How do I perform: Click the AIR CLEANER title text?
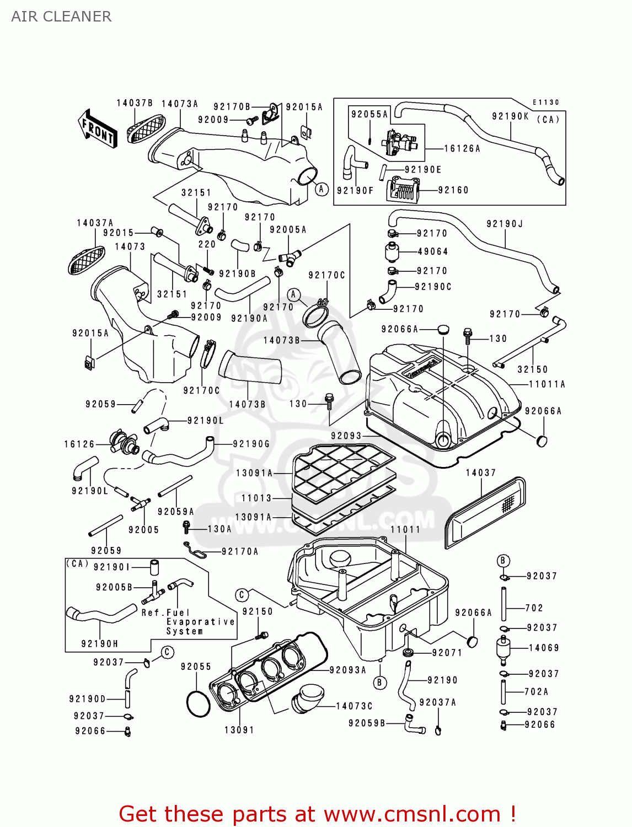[x=61, y=17]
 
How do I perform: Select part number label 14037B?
[x=134, y=103]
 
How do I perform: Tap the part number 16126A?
[x=462, y=148]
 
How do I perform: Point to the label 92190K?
[x=510, y=116]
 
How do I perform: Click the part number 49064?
[x=433, y=251]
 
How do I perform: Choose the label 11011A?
[x=547, y=384]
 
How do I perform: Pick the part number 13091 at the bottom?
[x=239, y=730]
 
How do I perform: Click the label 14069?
[x=544, y=648]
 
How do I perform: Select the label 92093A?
[x=347, y=670]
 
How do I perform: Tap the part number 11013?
[x=256, y=498]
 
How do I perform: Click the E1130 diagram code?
[x=545, y=103]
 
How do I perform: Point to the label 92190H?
[x=99, y=643]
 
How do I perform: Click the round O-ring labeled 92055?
[x=199, y=704]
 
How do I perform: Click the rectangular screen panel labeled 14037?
[x=485, y=513]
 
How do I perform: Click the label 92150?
[x=258, y=611]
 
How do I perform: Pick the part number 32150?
[x=532, y=369]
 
